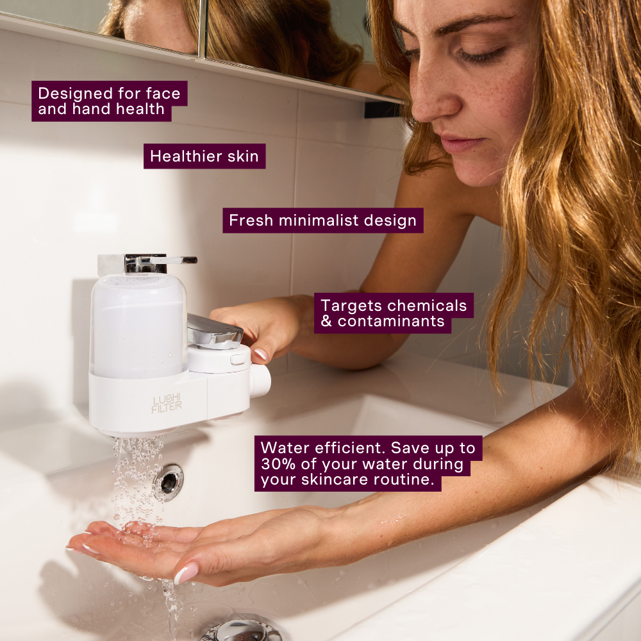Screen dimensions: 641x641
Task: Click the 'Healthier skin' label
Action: pos(204,156)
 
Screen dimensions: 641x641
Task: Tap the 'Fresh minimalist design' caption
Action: pos(322,221)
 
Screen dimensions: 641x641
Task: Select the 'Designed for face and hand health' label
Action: pos(109,101)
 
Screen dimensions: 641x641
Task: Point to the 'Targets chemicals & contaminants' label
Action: pos(393,313)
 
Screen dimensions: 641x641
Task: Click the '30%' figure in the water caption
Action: pos(278,464)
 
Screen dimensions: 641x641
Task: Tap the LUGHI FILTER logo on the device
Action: pos(167,403)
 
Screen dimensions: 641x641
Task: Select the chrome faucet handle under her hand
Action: pos(214,331)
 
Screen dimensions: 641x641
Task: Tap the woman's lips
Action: pos(460,145)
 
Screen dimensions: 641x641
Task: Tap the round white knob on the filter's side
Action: pos(260,379)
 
